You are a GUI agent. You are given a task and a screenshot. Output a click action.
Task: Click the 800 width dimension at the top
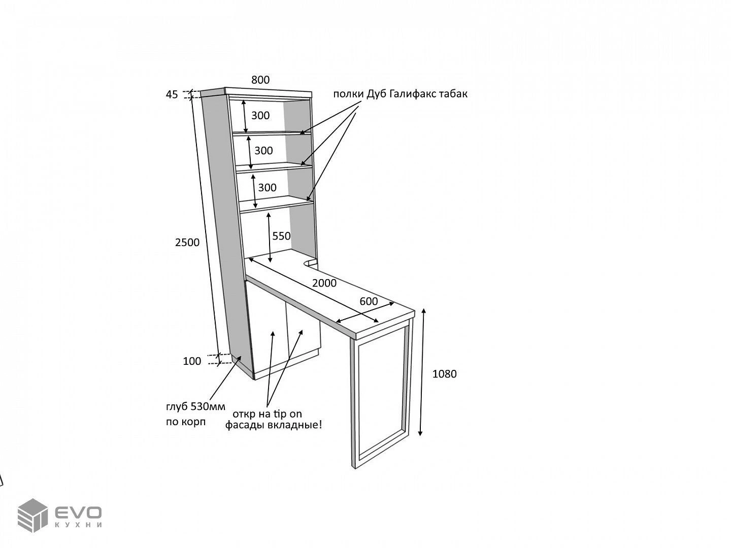260,80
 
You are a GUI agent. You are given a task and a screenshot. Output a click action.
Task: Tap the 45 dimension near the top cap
172,95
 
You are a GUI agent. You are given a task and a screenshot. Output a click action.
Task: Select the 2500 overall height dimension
187,243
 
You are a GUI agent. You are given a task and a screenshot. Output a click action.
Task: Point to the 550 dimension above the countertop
281,236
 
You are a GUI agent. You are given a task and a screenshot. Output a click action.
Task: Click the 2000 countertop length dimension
324,283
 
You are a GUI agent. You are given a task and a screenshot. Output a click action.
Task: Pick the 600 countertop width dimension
369,301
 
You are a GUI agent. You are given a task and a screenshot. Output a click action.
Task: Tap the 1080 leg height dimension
444,374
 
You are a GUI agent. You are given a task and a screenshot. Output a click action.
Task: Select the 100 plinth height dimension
192,361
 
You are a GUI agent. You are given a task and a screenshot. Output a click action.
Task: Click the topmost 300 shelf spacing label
260,116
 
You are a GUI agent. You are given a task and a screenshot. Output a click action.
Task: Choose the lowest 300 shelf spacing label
267,188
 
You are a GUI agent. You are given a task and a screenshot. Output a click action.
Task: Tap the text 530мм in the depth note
208,406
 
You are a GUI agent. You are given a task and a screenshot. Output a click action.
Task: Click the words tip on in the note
288,414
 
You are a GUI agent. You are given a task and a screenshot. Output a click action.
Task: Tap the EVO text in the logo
78,512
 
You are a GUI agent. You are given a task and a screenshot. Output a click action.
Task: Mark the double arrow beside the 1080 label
422,372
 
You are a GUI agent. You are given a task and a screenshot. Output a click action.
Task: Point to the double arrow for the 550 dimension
269,237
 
